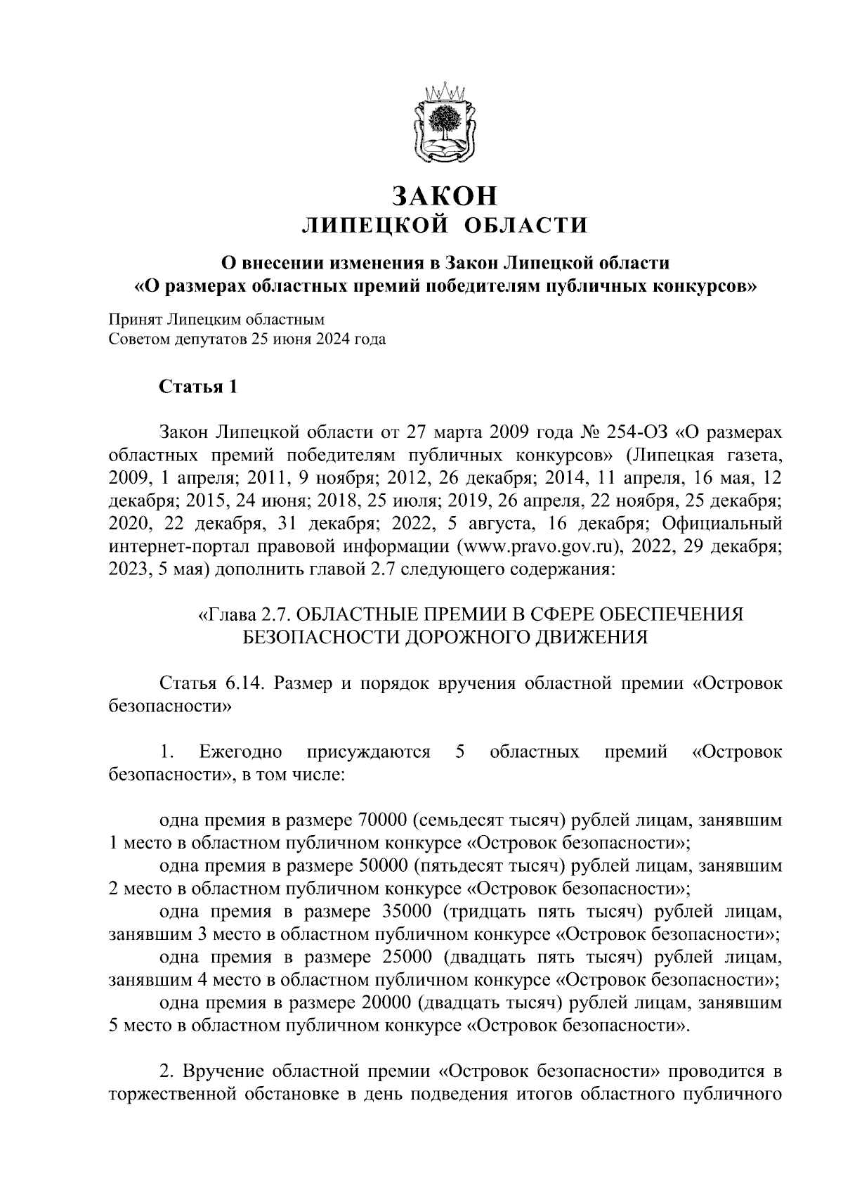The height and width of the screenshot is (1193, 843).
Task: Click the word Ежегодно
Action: coord(241,752)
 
